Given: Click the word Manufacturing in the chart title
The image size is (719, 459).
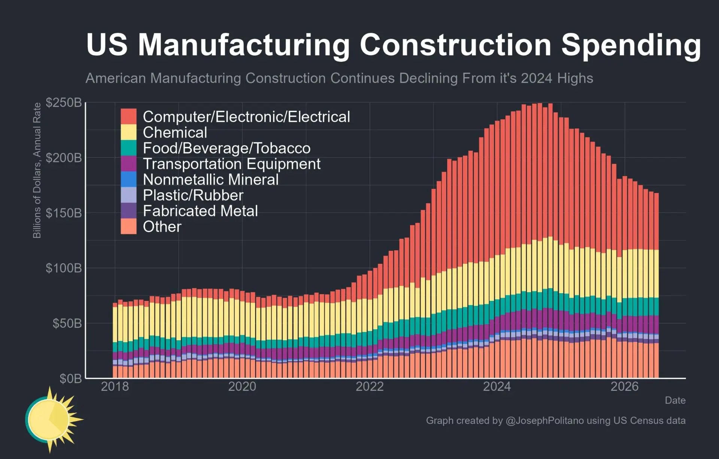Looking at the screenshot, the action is pos(244,45).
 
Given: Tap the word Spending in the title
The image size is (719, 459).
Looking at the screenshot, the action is pos(631,45).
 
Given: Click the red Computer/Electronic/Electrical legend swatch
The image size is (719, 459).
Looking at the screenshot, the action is pos(128,117).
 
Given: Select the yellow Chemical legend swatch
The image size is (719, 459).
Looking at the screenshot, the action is pos(128,132).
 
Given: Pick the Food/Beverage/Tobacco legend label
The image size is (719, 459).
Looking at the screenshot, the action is pos(227,148).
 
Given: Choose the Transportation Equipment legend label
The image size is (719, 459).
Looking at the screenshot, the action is pos(231,164).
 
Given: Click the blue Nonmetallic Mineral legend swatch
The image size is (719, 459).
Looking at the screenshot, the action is pos(128,179).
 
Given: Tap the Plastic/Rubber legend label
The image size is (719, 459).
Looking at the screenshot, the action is pos(193,195).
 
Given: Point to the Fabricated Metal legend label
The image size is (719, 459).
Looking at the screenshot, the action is pos(200,211).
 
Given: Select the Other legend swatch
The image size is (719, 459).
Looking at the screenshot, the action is pos(128,226).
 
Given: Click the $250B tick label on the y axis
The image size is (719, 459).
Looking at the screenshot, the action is pos(64,102).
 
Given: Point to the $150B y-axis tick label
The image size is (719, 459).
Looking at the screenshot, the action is pos(64,213).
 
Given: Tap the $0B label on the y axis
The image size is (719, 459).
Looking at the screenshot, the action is pos(70,378).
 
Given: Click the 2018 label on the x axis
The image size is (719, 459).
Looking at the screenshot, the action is pos(115,386).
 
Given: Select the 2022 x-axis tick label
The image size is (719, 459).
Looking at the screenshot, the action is pos(370,386).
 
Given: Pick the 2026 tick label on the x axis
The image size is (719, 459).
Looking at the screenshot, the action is pos(625,386).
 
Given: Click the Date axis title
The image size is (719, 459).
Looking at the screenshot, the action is pos(675,400).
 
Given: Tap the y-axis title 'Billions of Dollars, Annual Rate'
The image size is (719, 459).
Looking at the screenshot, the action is pos(37,170).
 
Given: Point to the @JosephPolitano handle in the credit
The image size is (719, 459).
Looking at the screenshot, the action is pos(544,421).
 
